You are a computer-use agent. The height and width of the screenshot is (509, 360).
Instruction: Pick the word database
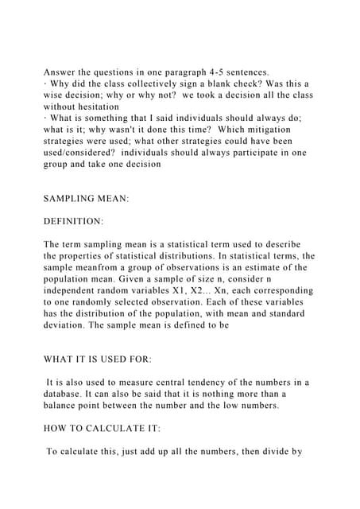(69, 395)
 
